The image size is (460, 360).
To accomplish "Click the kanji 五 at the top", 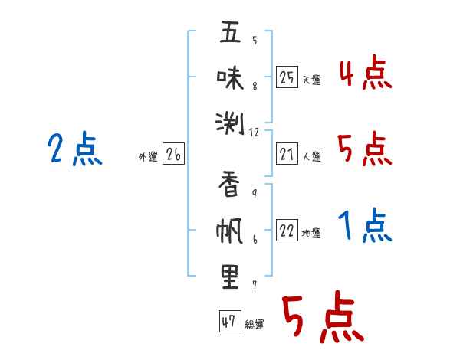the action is click(230, 31).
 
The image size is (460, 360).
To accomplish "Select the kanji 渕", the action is click(230, 123).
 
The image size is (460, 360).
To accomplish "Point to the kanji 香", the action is click(229, 184).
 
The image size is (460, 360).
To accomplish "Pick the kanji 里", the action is click(230, 277).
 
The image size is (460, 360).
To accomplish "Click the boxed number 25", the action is click(287, 77).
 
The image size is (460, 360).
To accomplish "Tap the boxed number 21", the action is click(287, 154).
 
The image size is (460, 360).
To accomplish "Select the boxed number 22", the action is click(287, 230).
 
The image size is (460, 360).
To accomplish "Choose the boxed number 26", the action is click(173, 154).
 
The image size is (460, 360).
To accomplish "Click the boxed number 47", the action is click(230, 321).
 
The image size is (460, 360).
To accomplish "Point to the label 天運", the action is click(312, 80).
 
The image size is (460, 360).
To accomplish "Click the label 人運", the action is click(312, 156).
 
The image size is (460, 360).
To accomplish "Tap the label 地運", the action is click(311, 233).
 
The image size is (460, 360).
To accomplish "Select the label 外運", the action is click(148, 157).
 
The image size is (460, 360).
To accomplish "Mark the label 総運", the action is click(255, 324).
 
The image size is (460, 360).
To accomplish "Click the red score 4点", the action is click(365, 73).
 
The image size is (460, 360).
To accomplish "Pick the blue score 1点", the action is click(365, 225).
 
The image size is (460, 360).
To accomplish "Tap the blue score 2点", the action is click(75, 148).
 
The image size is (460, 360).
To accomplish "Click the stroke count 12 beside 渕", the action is click(254, 133).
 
